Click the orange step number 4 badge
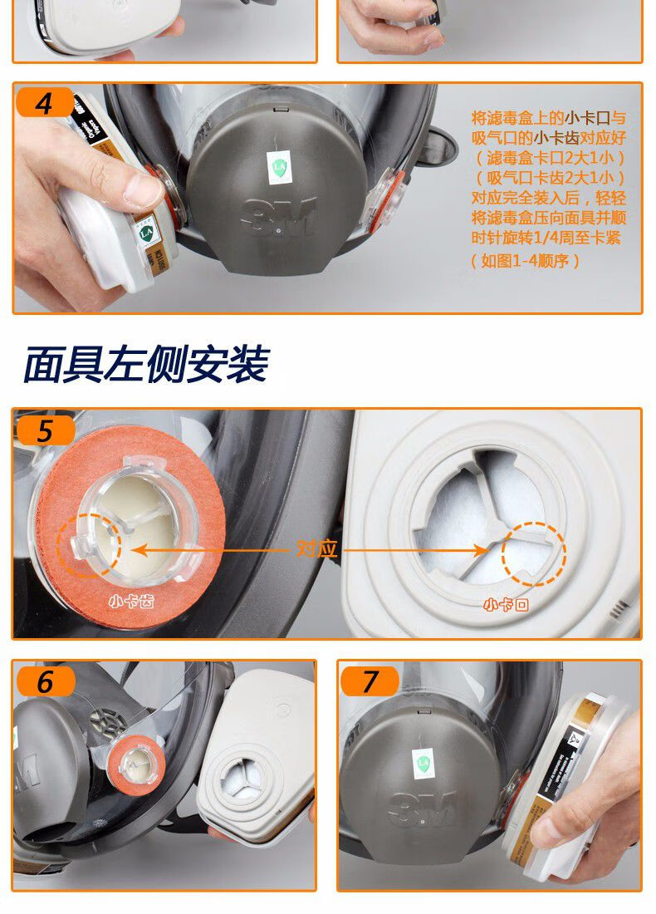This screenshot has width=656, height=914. click(x=44, y=104)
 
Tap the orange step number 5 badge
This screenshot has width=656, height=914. click(x=44, y=430)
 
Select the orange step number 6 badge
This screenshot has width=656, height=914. click(x=44, y=681)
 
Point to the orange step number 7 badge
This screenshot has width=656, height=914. click(x=370, y=681)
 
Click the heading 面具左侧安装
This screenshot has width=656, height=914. click(x=146, y=364)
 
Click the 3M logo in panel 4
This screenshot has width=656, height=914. click(x=278, y=218)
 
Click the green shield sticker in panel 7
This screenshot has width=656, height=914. click(x=423, y=761)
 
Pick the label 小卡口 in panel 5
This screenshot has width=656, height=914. click(x=506, y=605)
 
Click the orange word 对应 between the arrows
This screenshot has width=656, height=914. click(x=316, y=549)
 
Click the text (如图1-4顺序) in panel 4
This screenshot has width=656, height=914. click(x=525, y=261)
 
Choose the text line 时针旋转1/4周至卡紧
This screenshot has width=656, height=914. click(x=546, y=238)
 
